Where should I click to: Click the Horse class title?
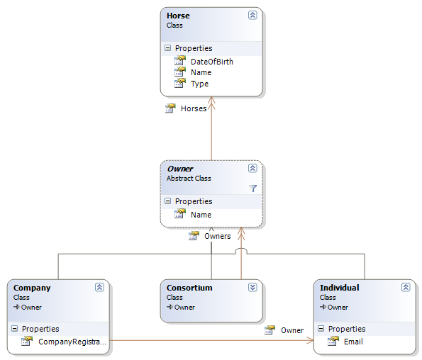[x=178, y=16]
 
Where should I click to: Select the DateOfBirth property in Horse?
[x=212, y=62]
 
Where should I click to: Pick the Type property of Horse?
[x=199, y=84]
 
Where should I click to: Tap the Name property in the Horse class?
[x=201, y=72]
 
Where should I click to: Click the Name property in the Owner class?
[x=201, y=215]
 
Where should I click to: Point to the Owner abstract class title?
[x=180, y=169]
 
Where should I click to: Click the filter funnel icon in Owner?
[x=252, y=189]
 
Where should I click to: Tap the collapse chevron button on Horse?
[x=252, y=16]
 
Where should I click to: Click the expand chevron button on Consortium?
[x=252, y=288]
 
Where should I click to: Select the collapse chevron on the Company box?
[x=99, y=288]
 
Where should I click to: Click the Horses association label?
[x=194, y=108]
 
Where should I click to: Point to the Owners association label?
[x=218, y=236]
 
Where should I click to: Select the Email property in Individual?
[x=353, y=342]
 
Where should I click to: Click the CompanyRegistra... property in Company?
[x=72, y=342]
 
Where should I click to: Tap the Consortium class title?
[x=189, y=288]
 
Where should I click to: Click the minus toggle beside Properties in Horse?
[x=167, y=48]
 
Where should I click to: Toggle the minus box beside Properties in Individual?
[x=321, y=329]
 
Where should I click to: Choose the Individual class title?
[x=340, y=288]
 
